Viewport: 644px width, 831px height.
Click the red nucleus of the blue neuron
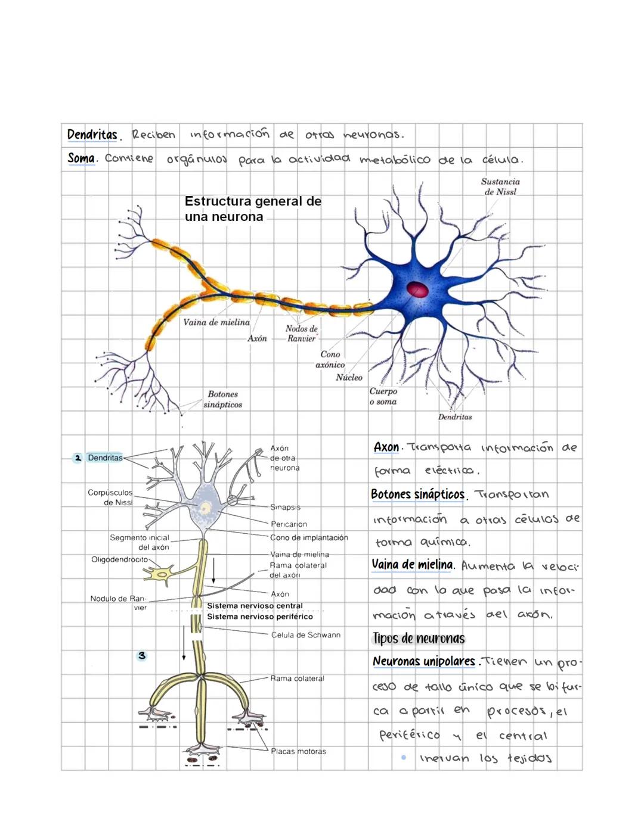tap(417, 290)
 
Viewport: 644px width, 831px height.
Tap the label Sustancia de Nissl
tap(500, 186)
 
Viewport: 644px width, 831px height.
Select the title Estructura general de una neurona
tap(252, 209)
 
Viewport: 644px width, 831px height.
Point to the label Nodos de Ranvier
tap(301, 334)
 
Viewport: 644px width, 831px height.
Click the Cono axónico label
tap(330, 359)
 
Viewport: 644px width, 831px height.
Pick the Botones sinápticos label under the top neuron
tap(222, 399)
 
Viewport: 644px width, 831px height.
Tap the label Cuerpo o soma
tap(383, 396)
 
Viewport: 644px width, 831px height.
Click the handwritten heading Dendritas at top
tap(92, 135)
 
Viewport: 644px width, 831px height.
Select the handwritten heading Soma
tap(81, 158)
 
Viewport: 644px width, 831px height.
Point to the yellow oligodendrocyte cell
tap(160, 574)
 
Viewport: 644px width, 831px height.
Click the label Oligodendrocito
tap(119, 559)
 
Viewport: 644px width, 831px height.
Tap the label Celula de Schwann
tap(305, 635)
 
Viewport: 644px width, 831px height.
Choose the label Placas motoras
tap(298, 751)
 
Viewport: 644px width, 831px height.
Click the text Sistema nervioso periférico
tap(259, 617)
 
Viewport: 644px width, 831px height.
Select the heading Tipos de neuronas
tap(419, 639)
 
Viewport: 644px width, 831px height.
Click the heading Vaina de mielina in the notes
tap(412, 564)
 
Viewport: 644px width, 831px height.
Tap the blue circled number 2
tap(78, 457)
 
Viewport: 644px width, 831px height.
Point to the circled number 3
tap(141, 655)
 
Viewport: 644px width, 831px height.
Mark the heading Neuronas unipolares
tap(423, 661)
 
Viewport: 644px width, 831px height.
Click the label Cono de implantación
tap(309, 537)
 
